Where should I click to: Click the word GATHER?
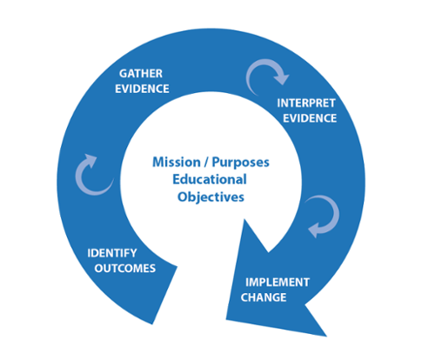[141, 74]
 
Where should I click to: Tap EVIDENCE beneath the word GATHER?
[142, 89]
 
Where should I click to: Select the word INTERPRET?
[306, 103]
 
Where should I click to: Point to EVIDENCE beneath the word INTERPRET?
[310, 118]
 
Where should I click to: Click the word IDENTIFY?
[112, 253]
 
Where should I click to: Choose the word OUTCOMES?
[125, 269]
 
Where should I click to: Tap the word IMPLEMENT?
[278, 283]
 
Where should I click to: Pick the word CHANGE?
[264, 297]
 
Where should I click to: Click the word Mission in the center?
[177, 162]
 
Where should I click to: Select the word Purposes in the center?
[241, 163]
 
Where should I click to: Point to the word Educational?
[210, 179]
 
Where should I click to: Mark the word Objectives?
[211, 197]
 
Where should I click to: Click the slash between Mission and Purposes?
[206, 163]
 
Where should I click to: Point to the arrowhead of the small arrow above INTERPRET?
[281, 77]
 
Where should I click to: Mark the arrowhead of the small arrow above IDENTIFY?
[90, 160]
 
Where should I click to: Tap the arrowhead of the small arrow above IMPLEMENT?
[314, 230]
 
